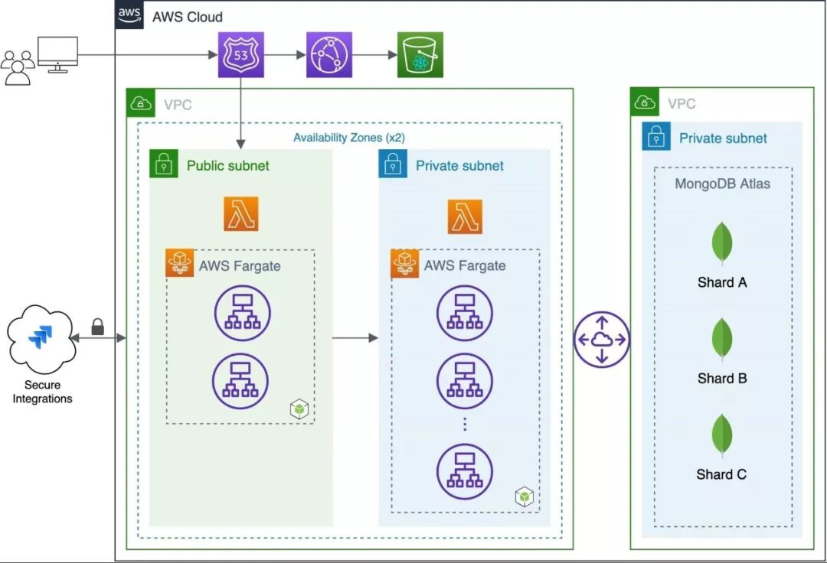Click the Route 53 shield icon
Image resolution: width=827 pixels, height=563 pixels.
click(x=241, y=54)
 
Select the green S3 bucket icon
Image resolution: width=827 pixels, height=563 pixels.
click(x=420, y=54)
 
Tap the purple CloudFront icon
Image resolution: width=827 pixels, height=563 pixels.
click(x=329, y=54)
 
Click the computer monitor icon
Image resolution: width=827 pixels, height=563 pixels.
click(x=57, y=54)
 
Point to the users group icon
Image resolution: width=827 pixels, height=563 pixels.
click(x=18, y=67)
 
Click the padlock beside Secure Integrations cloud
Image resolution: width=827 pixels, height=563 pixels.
click(x=97, y=327)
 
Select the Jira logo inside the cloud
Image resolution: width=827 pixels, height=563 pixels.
click(x=38, y=337)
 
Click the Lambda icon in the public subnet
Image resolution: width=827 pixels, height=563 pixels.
click(x=241, y=213)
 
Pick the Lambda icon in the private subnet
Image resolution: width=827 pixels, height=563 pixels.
click(x=465, y=216)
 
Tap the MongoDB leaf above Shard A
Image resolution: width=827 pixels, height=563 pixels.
click(x=721, y=243)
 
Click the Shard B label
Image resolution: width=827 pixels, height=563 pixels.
click(x=721, y=378)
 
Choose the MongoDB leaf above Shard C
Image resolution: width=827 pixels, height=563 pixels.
click(x=721, y=436)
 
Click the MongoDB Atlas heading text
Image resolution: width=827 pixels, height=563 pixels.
click(x=722, y=184)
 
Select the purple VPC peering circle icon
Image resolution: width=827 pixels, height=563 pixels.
click(x=601, y=339)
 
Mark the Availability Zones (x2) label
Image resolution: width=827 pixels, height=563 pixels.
click(x=349, y=138)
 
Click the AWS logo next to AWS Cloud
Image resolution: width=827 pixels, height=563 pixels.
click(x=129, y=15)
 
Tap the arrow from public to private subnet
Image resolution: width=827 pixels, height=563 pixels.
click(x=355, y=337)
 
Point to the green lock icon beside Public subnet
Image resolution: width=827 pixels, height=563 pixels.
click(x=163, y=164)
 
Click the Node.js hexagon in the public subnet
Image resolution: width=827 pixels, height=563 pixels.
click(x=299, y=409)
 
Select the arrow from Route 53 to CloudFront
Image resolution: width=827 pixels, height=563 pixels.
click(x=285, y=54)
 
